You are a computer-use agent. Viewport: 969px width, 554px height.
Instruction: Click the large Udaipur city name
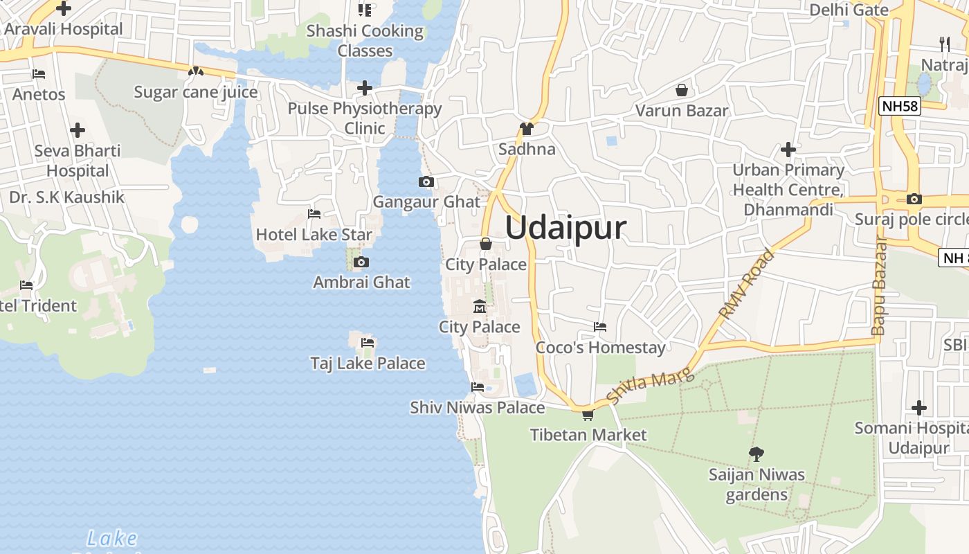pos(565,228)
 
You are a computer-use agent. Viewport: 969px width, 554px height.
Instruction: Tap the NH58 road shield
pos(899,106)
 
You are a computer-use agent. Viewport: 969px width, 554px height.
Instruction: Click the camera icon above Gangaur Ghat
pos(426,182)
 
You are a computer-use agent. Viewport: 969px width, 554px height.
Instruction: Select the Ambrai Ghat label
pos(361,282)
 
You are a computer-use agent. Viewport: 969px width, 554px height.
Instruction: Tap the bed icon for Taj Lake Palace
pos(368,342)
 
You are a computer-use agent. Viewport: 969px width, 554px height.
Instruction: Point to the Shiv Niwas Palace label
pos(477,407)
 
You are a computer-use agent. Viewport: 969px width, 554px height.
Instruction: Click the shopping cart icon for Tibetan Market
pos(588,415)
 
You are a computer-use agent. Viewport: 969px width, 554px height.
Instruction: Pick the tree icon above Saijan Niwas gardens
pos(757,454)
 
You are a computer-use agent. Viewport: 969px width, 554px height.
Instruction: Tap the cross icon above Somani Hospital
pos(919,408)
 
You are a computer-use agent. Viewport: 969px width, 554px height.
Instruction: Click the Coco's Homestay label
pos(600,347)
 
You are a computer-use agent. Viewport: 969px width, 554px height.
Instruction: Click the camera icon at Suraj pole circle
pos(914,199)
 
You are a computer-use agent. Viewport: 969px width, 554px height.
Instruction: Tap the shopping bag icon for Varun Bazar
pos(682,90)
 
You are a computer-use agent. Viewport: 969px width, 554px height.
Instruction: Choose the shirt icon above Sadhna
pos(527,129)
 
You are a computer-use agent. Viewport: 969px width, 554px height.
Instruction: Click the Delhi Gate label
pos(849,10)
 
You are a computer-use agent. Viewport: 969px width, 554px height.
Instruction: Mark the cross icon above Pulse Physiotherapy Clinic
pos(365,88)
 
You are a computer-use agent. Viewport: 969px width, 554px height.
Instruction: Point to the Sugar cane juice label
pos(196,92)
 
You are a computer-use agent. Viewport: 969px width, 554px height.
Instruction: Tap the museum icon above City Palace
pos(479,307)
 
